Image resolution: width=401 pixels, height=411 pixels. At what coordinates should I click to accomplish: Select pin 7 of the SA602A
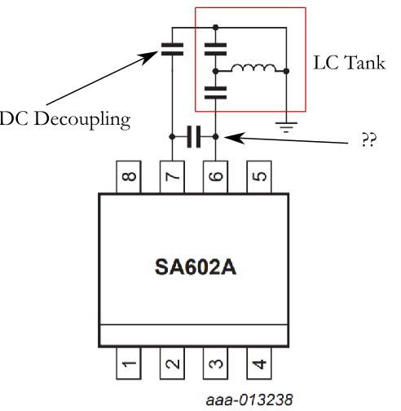[172, 175]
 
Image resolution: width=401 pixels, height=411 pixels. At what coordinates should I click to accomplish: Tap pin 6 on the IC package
[215, 175]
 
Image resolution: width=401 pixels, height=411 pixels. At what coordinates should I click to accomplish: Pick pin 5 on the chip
[258, 175]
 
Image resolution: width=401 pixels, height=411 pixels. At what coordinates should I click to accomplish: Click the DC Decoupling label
[64, 120]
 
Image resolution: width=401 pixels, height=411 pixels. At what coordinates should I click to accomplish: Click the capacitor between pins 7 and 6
[193, 137]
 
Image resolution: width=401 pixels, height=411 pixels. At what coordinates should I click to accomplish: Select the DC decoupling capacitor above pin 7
[172, 47]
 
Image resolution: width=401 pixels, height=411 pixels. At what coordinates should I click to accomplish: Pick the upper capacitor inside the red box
[215, 47]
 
